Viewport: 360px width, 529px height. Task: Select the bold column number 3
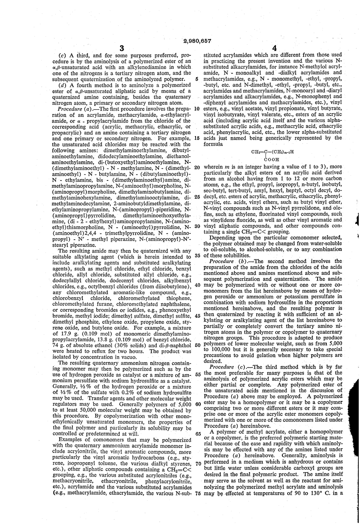[x=122, y=48]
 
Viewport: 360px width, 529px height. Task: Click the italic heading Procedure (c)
[x=226, y=367]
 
